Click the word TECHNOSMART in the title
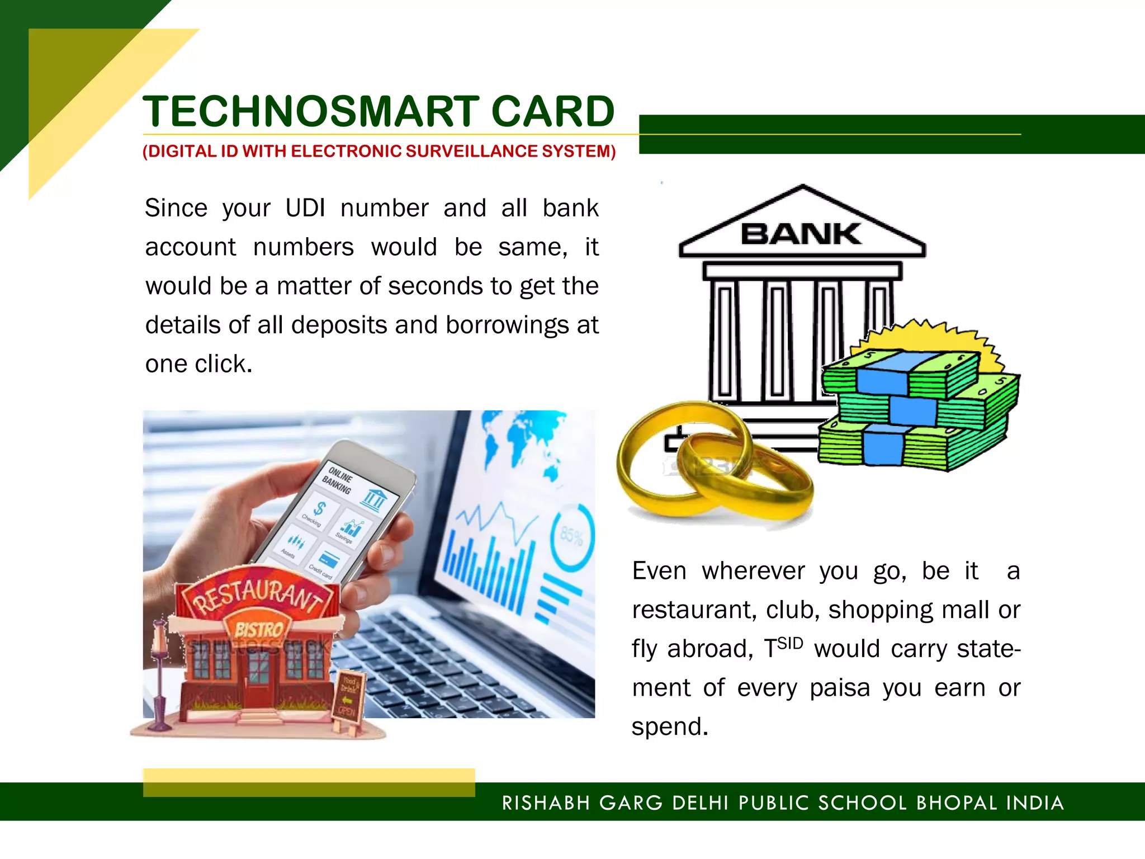[x=311, y=111]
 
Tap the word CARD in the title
[x=553, y=111]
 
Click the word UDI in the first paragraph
[x=305, y=208]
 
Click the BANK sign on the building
[x=801, y=234]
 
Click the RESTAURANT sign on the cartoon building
[x=259, y=594]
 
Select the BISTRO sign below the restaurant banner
[x=258, y=630]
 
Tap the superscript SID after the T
[x=790, y=643]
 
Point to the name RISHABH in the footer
[x=546, y=803]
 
